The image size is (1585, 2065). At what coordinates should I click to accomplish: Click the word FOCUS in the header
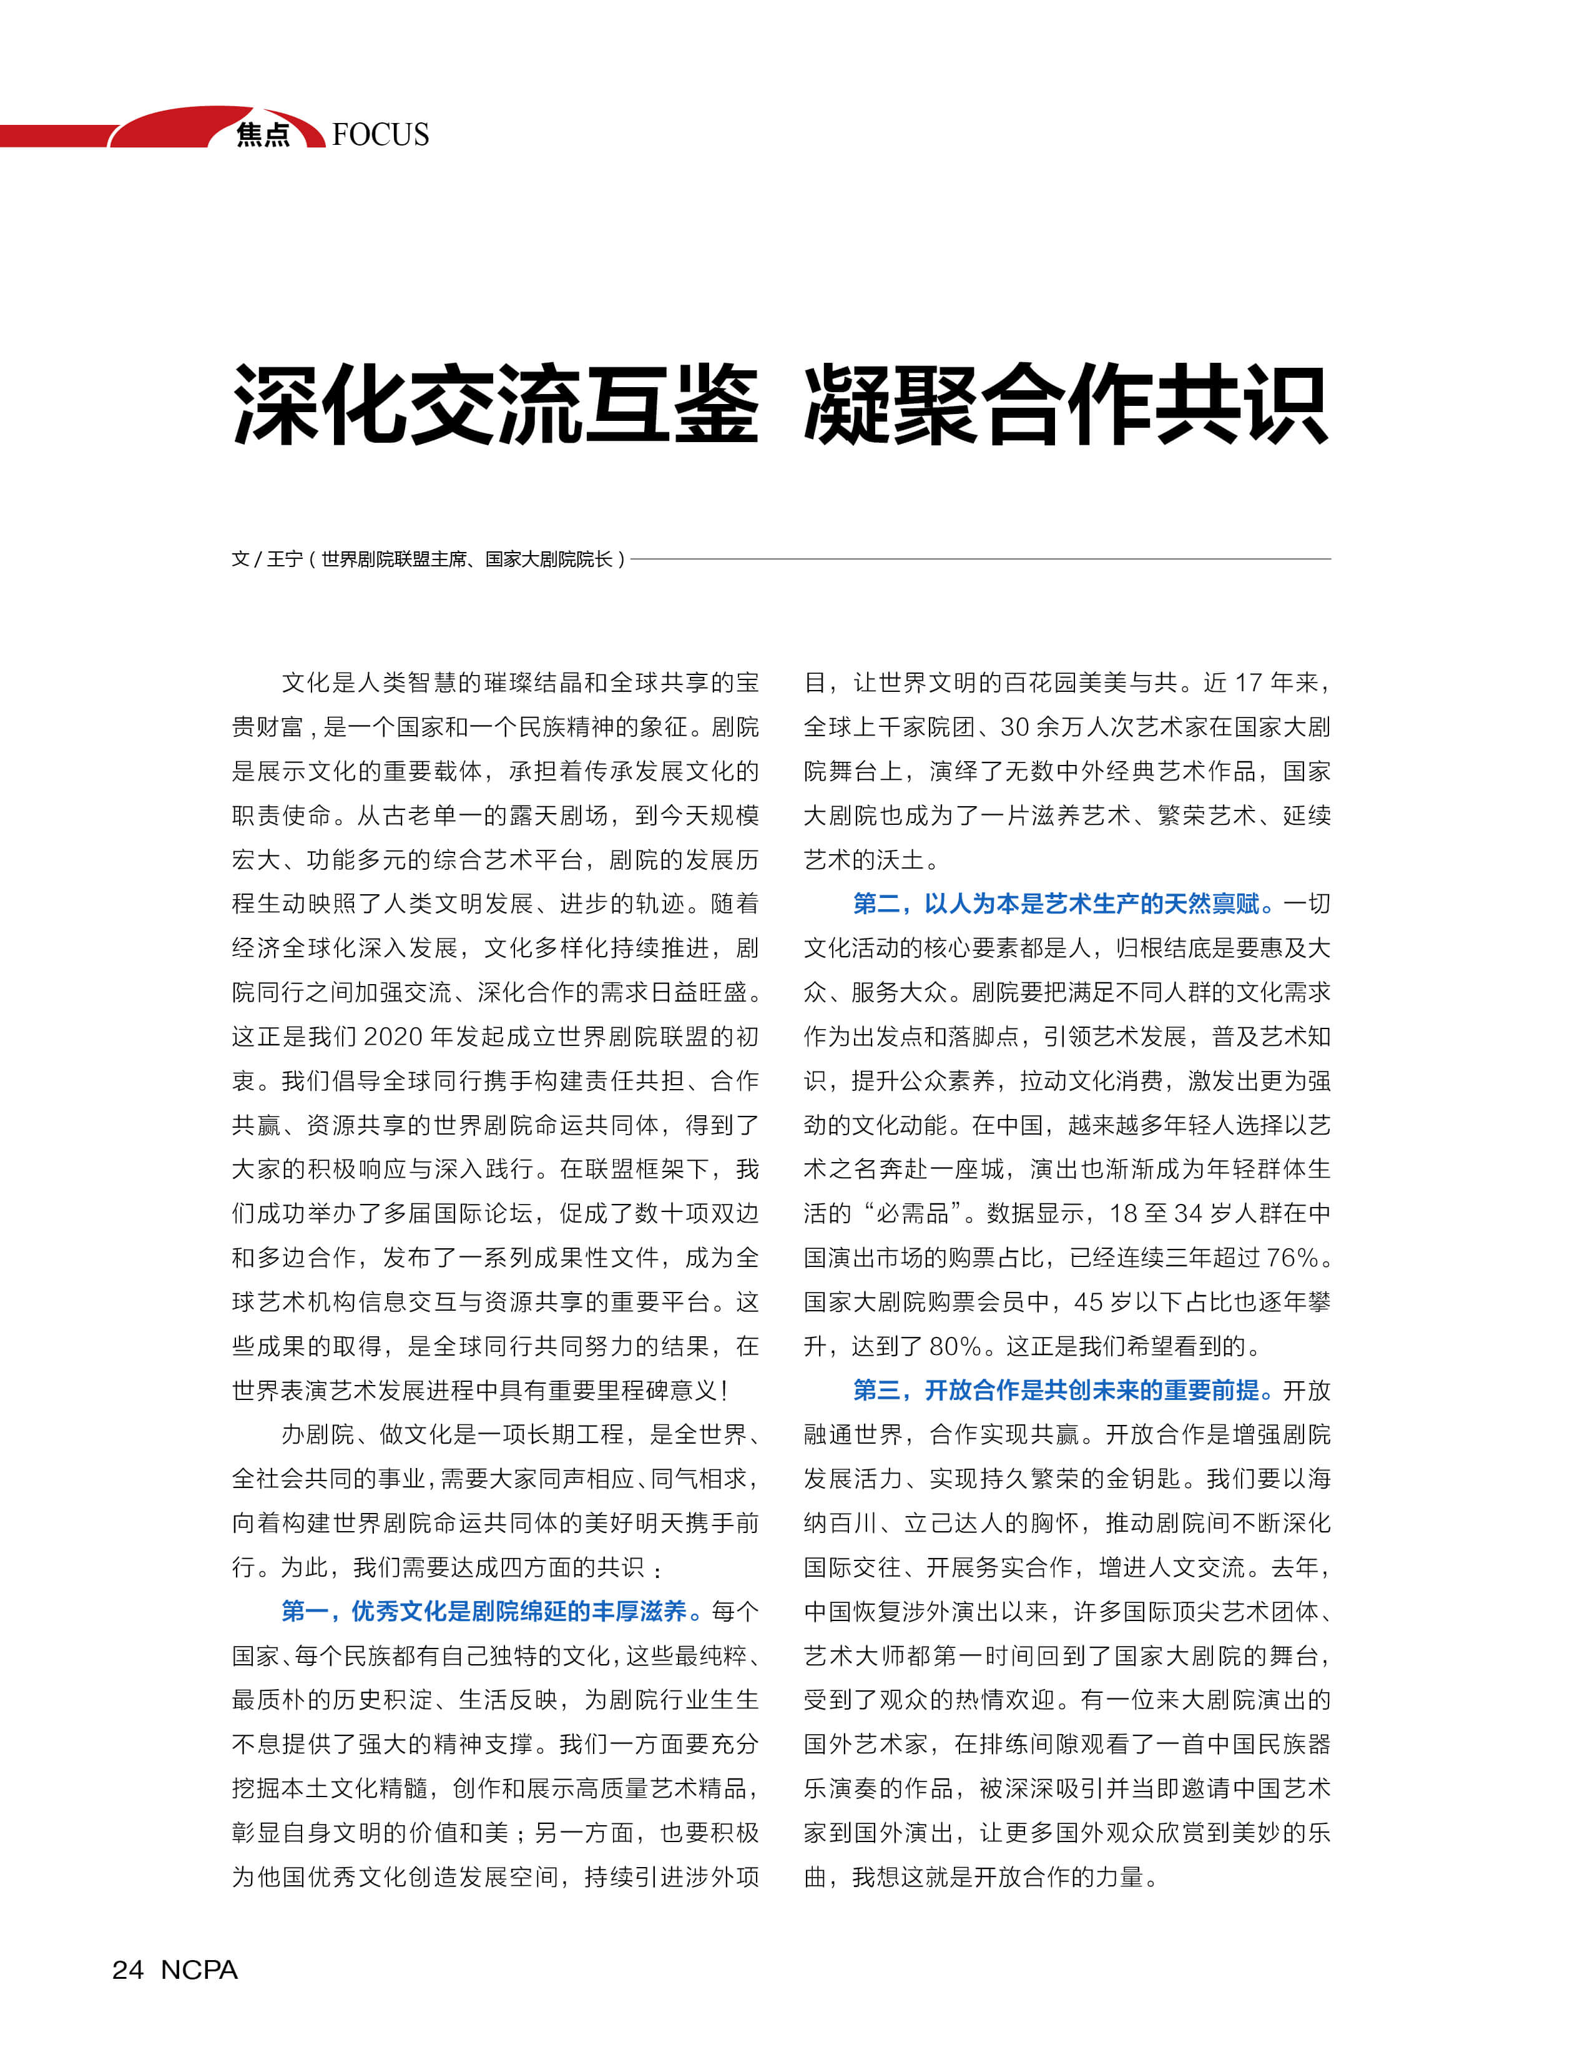pyautogui.click(x=380, y=134)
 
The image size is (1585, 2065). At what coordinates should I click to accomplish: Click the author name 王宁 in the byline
pyautogui.click(x=285, y=559)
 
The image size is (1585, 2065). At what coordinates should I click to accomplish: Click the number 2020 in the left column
pyautogui.click(x=393, y=1037)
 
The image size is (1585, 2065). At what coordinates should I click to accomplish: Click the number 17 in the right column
pyautogui.click(x=1248, y=683)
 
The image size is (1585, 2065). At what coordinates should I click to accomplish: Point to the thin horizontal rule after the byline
pyautogui.click(x=981, y=559)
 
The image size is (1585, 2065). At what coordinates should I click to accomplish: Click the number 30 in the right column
pyautogui.click(x=1014, y=727)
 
